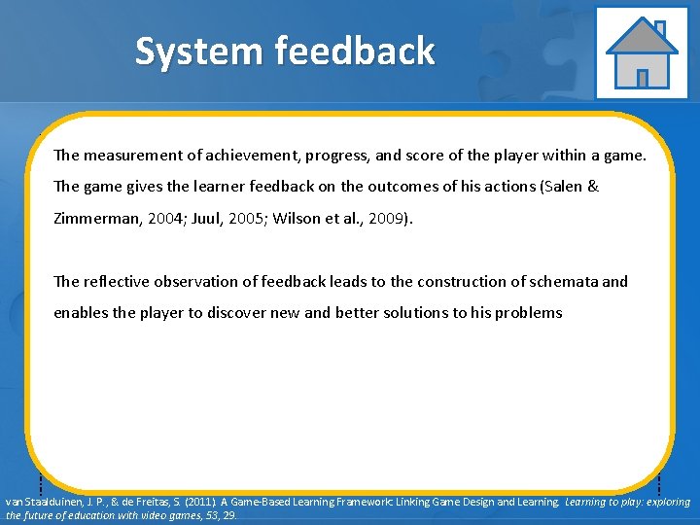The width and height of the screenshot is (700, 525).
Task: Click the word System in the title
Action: tap(198, 51)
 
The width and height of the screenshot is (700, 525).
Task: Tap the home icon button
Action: tap(641, 52)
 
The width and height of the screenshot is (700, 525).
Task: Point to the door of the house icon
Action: tap(642, 77)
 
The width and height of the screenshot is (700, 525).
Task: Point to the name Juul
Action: tap(216, 219)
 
